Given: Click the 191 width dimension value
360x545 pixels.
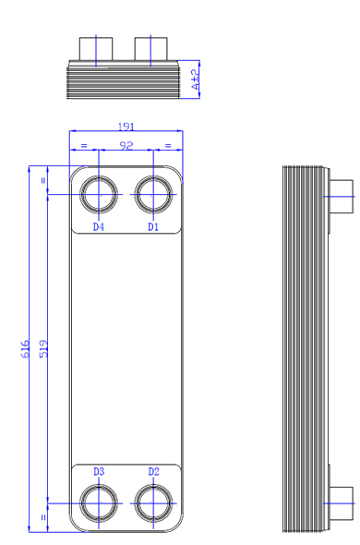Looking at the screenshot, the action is [126, 127].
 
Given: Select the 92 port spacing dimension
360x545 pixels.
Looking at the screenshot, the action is [126, 145].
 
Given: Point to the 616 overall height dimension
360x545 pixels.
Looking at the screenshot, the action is [25, 349].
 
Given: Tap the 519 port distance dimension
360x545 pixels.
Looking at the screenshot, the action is [43, 349].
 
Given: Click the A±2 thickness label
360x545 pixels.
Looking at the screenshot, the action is [196, 79].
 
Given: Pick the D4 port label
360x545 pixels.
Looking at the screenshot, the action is [99, 227].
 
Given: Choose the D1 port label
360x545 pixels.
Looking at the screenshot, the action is [153, 227].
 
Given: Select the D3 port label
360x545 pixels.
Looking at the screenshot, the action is [99, 472].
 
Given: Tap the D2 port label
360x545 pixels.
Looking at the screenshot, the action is [153, 472].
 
